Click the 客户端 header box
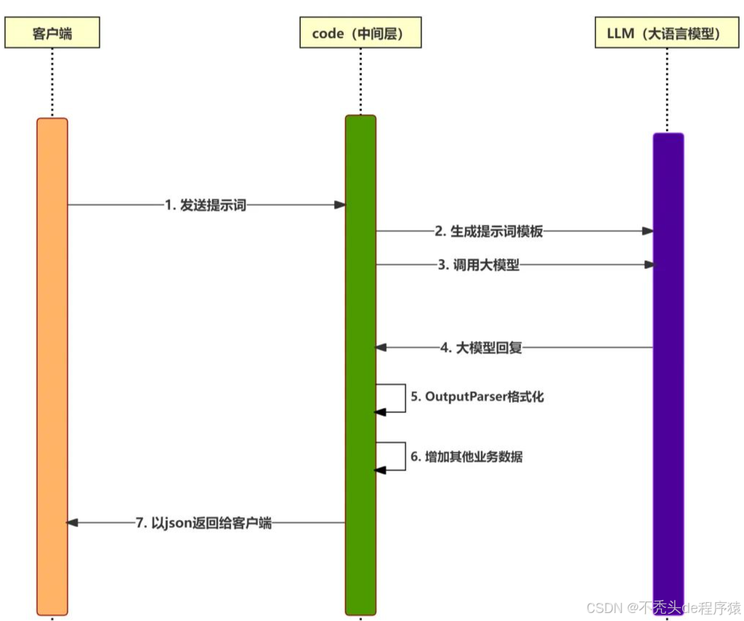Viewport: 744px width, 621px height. coord(52,33)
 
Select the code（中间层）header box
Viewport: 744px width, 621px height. coord(360,33)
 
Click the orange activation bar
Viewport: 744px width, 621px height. coord(52,364)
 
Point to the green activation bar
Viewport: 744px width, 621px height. coord(360,364)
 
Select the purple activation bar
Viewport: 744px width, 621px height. coord(668,364)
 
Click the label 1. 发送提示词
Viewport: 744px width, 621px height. coord(206,205)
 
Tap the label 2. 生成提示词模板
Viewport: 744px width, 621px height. coord(489,231)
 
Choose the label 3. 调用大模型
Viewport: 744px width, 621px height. coord(479,265)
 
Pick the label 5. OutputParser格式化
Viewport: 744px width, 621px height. coord(477,397)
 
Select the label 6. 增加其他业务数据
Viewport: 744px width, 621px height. coord(466,457)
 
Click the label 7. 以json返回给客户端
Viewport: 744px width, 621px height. coord(203,523)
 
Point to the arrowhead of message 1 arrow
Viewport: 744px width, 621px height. coord(339,205)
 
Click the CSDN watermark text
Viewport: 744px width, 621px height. coord(663,607)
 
